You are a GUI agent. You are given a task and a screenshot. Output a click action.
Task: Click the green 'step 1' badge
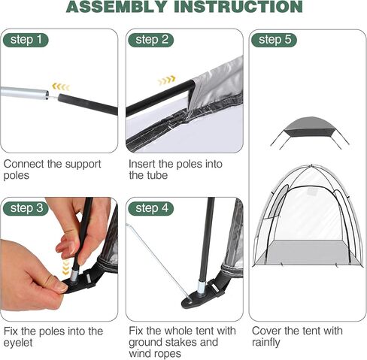pos(26,40)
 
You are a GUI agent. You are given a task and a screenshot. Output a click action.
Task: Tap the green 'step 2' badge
pos(150,40)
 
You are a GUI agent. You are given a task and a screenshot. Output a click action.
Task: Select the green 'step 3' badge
pos(26,208)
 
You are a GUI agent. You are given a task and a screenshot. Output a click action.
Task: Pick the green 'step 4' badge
pos(150,208)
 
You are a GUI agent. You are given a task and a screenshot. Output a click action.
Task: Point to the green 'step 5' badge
pos(274,40)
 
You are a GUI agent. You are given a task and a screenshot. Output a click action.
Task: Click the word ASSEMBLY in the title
pos(117,7)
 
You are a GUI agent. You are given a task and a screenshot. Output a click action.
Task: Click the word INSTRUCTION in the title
pos(238,7)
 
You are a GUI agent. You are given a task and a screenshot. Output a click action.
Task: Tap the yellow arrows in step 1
pos(61,87)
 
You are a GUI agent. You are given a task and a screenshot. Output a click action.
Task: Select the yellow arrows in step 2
pos(166,80)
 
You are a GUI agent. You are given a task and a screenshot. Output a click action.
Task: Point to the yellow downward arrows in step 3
pos(65,268)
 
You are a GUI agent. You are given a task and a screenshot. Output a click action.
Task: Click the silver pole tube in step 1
pos(24,93)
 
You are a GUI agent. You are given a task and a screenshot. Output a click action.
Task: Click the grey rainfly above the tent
pos(310,127)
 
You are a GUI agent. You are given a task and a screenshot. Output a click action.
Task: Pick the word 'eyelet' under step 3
pos(18,343)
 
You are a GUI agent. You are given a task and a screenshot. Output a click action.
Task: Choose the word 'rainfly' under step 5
pos(266,342)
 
